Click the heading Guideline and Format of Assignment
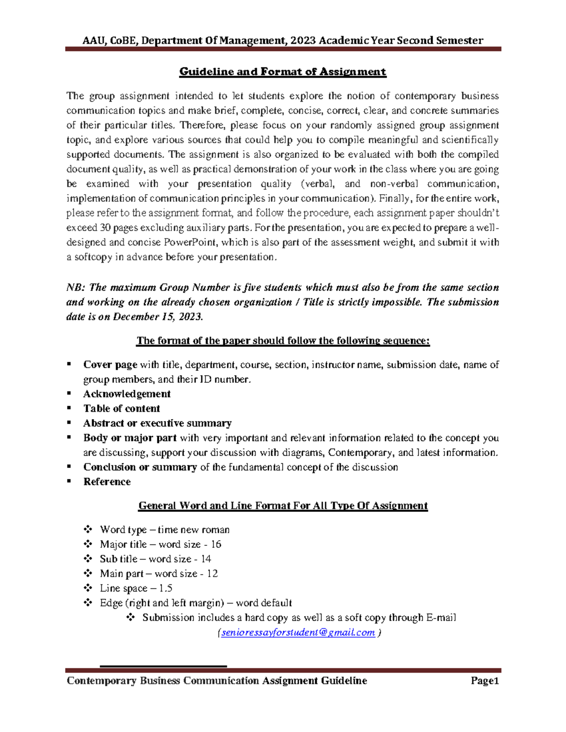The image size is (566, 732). (x=283, y=72)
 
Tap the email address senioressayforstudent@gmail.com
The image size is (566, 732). (x=298, y=633)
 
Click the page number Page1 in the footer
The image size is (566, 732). (x=484, y=681)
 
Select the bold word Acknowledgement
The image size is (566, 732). (x=126, y=394)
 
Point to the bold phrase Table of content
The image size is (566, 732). (x=121, y=409)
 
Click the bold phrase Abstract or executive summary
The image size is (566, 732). (x=157, y=423)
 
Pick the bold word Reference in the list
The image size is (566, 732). (x=107, y=482)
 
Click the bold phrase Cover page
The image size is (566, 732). (x=110, y=365)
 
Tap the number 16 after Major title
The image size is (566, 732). (x=216, y=544)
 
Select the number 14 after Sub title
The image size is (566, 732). (x=206, y=559)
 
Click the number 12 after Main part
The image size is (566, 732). (x=212, y=574)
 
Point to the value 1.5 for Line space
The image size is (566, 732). (x=166, y=588)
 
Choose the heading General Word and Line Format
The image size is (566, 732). (x=283, y=506)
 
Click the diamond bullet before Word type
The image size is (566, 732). (x=88, y=529)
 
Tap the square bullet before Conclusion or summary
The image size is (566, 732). (x=69, y=467)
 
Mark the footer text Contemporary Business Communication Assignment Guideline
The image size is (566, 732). (x=216, y=681)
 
